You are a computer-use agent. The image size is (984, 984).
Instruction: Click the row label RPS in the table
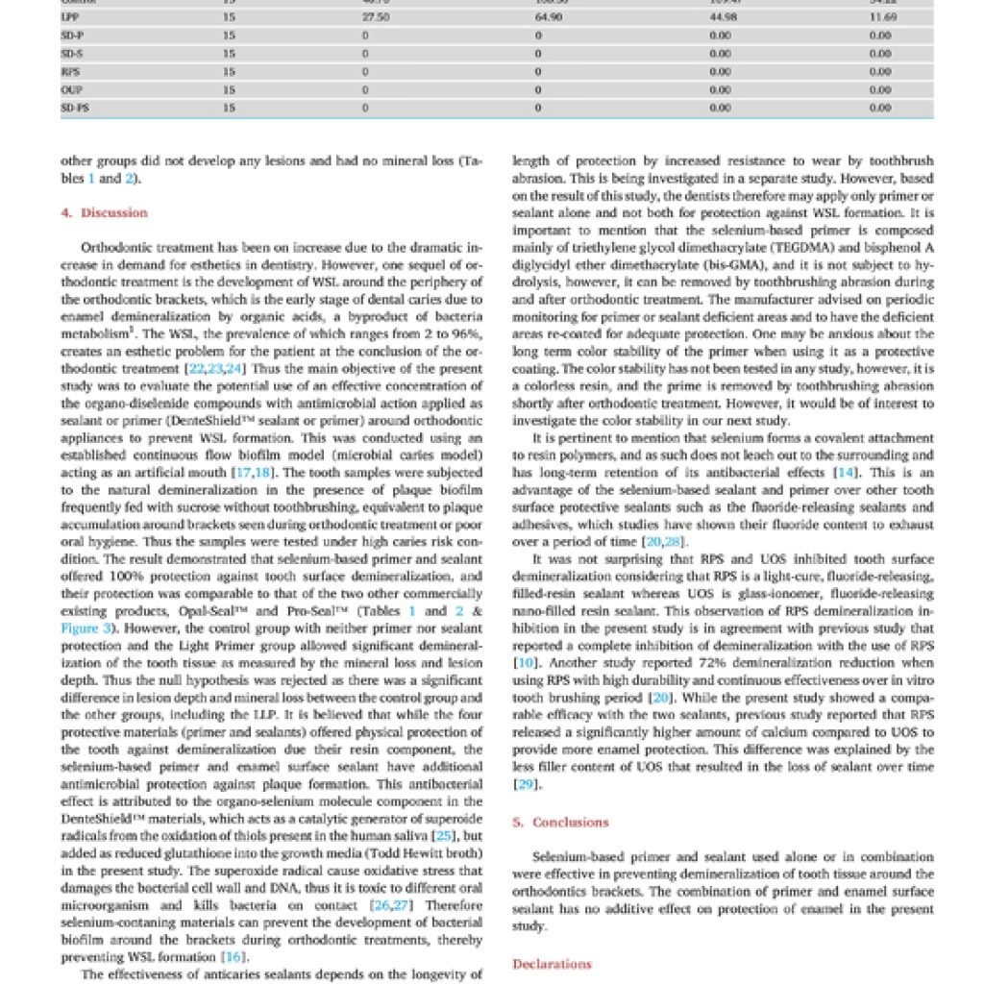pos(68,71)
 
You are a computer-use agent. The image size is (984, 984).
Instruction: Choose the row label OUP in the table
pos(68,89)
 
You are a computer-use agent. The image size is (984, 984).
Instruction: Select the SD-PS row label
pos(72,108)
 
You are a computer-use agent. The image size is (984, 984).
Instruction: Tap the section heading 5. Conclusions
pos(560,822)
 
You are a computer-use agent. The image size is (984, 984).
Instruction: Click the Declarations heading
pos(552,964)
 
